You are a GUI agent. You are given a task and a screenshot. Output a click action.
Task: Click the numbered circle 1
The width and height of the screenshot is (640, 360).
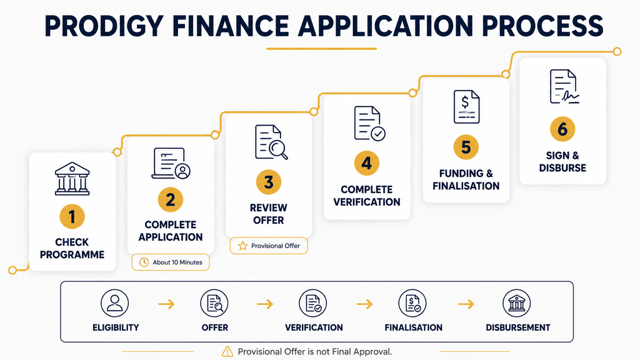coord(72,217)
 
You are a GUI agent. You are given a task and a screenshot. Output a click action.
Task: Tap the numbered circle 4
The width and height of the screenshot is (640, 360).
coord(366,163)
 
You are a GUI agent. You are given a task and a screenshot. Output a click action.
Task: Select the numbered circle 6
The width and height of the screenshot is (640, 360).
coord(562,129)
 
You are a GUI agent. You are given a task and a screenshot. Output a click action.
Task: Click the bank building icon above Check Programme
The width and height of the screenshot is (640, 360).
coord(72,179)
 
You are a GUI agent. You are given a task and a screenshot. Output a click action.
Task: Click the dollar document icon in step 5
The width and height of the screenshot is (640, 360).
coord(466,107)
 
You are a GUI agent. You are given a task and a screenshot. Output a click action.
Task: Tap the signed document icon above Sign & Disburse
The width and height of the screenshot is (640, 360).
coord(564,86)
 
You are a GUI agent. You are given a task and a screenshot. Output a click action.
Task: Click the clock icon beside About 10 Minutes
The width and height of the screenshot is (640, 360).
coord(144,262)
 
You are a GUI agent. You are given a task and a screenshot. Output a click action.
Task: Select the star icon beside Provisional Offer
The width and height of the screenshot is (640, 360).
coord(243,246)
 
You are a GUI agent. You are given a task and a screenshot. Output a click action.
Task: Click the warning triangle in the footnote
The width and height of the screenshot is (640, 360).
coord(227,351)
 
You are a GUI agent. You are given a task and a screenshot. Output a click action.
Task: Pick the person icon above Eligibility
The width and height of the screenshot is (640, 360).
coord(115,303)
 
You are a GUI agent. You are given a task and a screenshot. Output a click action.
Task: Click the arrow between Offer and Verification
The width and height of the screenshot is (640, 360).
coord(265,304)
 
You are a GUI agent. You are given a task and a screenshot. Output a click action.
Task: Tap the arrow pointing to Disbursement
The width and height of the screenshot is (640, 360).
coord(466,304)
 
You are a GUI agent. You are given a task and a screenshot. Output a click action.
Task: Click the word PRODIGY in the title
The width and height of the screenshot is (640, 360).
coord(104,26)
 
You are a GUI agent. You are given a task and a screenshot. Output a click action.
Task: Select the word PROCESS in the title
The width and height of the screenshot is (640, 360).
coord(542,26)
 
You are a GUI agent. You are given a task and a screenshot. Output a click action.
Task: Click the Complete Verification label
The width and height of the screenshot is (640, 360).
coord(366,196)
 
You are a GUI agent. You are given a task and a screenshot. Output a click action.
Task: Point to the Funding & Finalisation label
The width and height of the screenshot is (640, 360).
coord(466,179)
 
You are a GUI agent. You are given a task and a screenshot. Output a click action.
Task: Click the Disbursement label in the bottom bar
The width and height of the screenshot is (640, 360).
coord(517,327)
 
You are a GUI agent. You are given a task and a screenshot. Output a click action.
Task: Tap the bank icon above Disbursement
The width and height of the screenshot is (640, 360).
coord(517,303)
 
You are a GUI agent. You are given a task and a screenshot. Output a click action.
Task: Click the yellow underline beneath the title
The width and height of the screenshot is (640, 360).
coord(322,49)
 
